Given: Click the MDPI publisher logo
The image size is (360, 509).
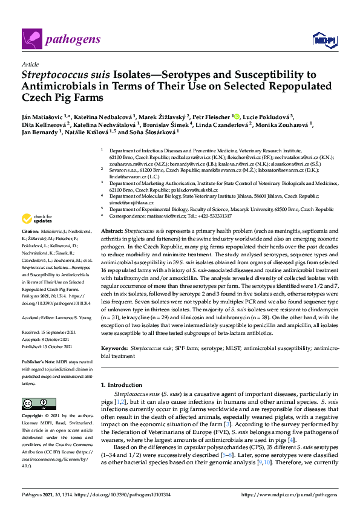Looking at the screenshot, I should point(323,40).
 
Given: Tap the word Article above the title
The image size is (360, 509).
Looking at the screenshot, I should point(30,63).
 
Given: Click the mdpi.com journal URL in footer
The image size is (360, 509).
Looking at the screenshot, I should point(289,495).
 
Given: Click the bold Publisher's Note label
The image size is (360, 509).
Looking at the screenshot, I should point(38,342).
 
